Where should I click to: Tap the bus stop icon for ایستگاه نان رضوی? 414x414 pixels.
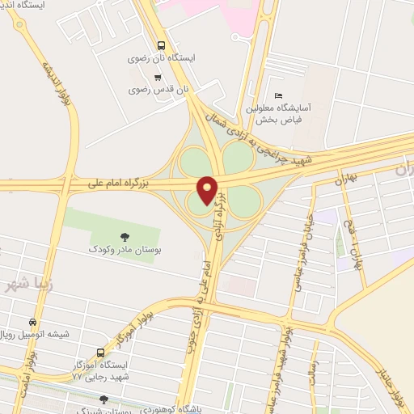coord(161,45)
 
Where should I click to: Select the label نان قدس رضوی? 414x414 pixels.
coord(158,90)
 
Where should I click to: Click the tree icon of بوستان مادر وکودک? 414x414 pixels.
coord(125,237)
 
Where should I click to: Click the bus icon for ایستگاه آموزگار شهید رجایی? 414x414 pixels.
coord(100,353)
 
